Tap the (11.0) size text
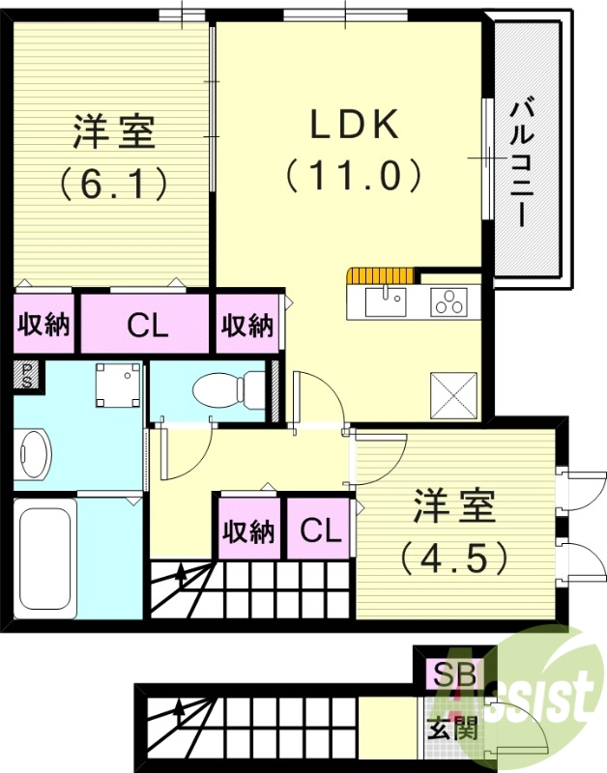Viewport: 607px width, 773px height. pos(354,176)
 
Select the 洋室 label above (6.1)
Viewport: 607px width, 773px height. pos(114,132)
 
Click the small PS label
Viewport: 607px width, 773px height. pos(28,375)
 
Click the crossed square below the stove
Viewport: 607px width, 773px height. pos(452,394)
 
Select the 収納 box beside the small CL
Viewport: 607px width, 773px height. pos(249,530)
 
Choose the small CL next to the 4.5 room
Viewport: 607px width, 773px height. pos(319,530)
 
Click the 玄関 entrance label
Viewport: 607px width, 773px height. pos(452,728)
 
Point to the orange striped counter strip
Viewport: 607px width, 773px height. pos(383,273)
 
